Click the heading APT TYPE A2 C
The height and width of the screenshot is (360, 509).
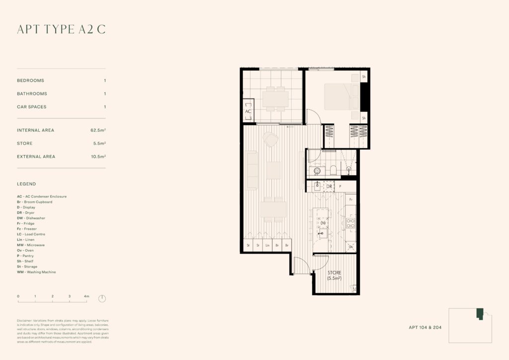coord(61,30)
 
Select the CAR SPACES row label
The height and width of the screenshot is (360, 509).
coord(32,107)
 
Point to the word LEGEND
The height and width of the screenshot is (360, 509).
coord(26,184)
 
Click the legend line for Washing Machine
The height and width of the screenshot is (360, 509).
coord(36,272)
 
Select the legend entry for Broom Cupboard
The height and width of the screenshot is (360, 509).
coord(34,202)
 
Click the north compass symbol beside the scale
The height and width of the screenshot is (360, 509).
coord(102,298)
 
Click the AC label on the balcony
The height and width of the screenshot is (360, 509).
coord(249,112)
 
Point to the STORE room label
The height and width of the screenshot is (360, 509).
coord(335,273)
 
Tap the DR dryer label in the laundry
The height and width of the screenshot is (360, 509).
coord(329,186)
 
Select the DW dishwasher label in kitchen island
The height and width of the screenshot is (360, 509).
coord(323,223)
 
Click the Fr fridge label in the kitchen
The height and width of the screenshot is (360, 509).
coord(351,199)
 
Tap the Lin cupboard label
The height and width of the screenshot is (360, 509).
coord(267,245)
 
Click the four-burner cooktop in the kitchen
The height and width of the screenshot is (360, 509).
coord(350,223)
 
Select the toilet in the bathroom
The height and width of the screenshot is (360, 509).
coord(333,170)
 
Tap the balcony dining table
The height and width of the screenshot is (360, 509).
coord(275,98)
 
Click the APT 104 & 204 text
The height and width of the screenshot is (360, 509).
coord(425,328)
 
